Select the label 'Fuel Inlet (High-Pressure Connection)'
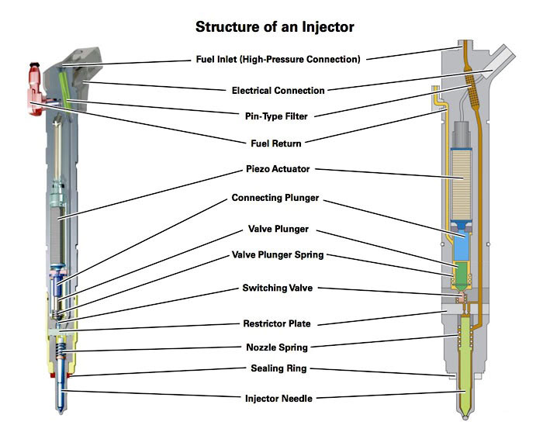(276, 59)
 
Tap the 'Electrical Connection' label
(276, 90)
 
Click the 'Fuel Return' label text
(276, 143)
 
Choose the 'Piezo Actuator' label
(276, 168)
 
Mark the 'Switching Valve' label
(276, 289)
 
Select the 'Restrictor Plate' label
(276, 324)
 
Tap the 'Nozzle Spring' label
(276, 347)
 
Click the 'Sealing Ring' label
(276, 371)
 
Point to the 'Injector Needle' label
(276, 398)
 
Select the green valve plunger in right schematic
(464, 272)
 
